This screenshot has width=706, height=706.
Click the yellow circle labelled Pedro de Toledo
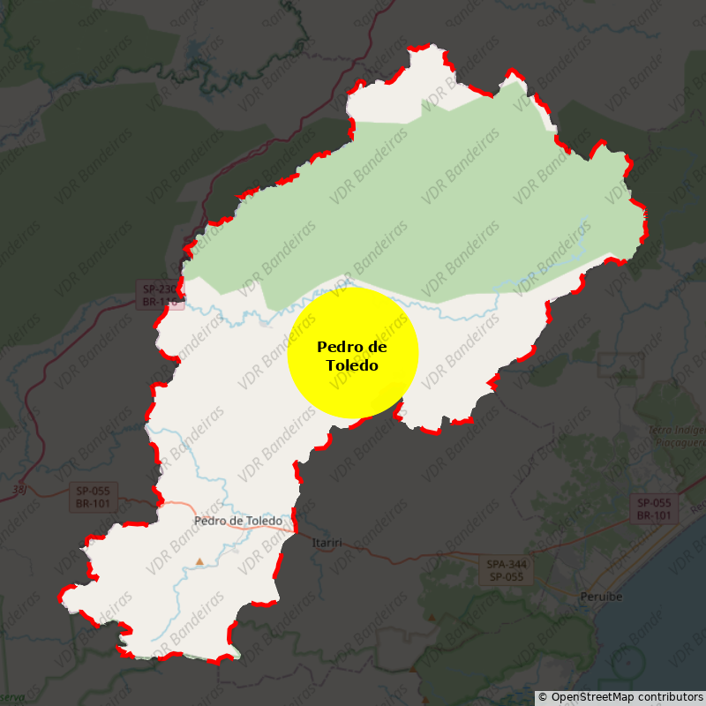coord(353,353)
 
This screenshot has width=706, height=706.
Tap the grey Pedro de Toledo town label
coord(238,521)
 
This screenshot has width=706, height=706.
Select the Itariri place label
coord(327,543)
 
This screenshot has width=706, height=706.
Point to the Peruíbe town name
coord(601,597)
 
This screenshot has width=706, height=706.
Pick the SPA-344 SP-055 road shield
coord(505,570)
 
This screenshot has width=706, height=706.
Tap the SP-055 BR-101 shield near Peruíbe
coord(654,508)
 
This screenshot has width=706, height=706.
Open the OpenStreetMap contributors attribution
coord(620,697)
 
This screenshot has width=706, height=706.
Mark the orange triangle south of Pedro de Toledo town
coord(199,561)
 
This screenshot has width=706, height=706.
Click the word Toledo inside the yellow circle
coord(352,364)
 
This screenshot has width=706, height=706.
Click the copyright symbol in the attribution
coord(543,697)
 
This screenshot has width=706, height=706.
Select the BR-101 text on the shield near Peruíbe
coord(654,515)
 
